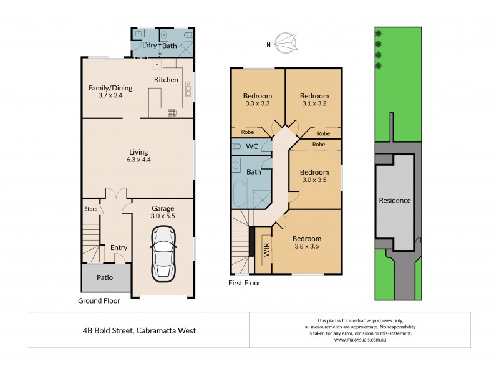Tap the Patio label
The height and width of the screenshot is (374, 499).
(x=104, y=278)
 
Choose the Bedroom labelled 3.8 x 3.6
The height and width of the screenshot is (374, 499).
(x=306, y=242)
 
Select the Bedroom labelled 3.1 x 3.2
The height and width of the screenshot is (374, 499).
(x=313, y=100)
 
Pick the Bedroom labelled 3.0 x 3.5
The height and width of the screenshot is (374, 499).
(x=314, y=176)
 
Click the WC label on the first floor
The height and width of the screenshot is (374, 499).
(x=253, y=147)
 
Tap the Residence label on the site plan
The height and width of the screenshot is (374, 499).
(x=395, y=200)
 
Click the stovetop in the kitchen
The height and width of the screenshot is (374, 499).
(x=172, y=112)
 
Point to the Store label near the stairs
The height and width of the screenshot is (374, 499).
(x=91, y=209)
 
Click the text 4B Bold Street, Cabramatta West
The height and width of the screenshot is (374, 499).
(x=139, y=330)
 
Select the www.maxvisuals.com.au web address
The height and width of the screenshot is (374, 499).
(x=360, y=340)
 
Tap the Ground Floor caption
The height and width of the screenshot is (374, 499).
(x=99, y=300)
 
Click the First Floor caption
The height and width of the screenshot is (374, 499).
(x=245, y=282)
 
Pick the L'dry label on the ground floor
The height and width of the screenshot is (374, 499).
(x=149, y=46)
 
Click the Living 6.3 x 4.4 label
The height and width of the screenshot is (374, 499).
(x=138, y=155)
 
